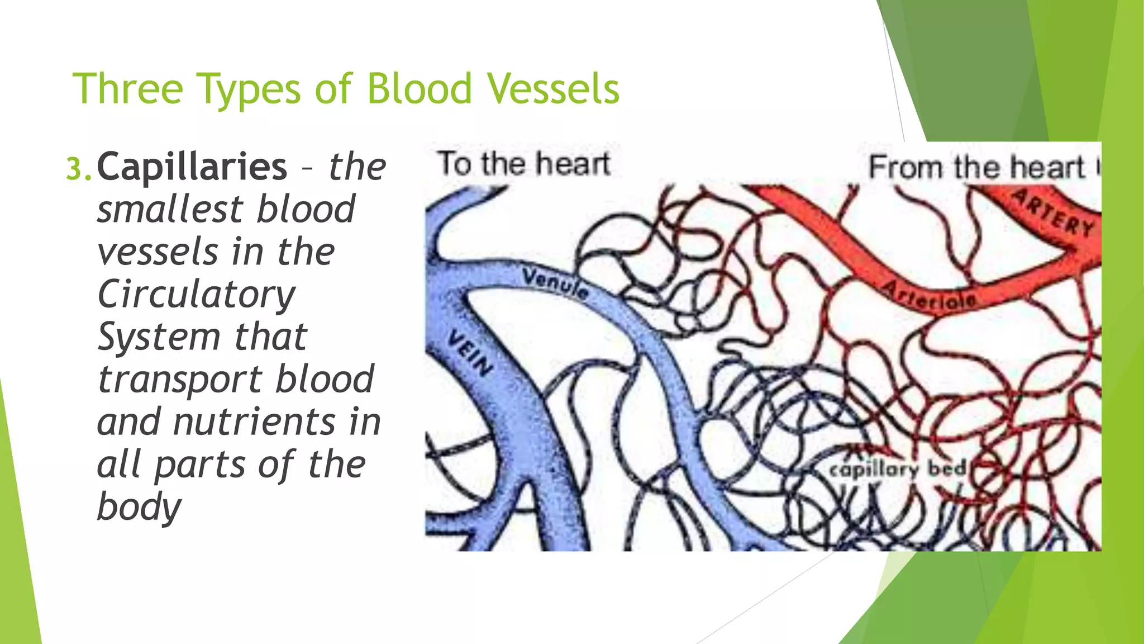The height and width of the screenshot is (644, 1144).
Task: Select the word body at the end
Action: (x=139, y=506)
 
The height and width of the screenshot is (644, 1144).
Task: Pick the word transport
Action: (x=179, y=379)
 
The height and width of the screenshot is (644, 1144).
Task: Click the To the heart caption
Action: (x=523, y=164)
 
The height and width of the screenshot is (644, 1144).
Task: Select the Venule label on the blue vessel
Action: (x=555, y=282)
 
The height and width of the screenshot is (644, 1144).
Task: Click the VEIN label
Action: (x=470, y=353)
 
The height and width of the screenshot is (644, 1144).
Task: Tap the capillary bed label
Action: (x=898, y=468)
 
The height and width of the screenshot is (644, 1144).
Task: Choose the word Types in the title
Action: (x=249, y=89)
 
